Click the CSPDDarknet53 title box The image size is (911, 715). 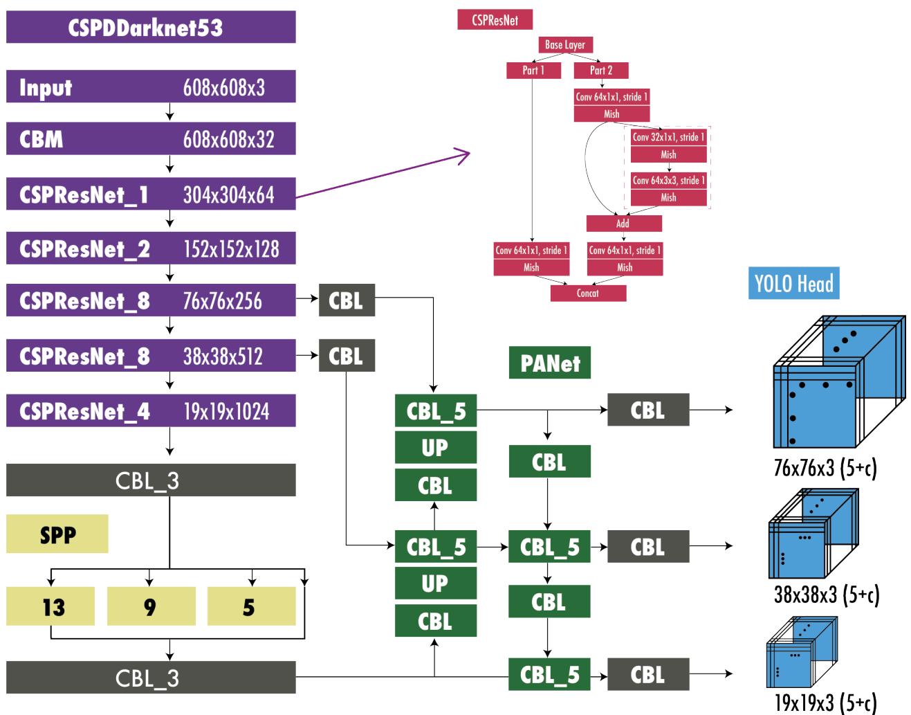pyautogui.click(x=151, y=28)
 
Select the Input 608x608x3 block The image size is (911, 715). pyautogui.click(x=151, y=88)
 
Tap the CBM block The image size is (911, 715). pyautogui.click(x=151, y=139)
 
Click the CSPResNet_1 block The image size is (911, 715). pyautogui.click(x=151, y=194)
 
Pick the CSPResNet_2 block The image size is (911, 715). pyautogui.click(x=151, y=248)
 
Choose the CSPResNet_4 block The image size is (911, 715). pyautogui.click(x=151, y=411)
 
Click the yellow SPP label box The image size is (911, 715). pyautogui.click(x=57, y=534)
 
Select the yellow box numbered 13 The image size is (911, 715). pyautogui.click(x=50, y=606)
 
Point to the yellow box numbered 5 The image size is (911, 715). pyautogui.click(x=251, y=606)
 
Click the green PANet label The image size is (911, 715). pyautogui.click(x=550, y=363)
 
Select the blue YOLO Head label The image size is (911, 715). pyautogui.click(x=793, y=283)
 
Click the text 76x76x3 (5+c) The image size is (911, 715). pyautogui.click(x=825, y=469)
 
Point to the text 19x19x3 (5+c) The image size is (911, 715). pyautogui.click(x=825, y=703)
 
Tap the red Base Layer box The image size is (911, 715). pyautogui.click(x=565, y=45)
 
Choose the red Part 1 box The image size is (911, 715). pyautogui.click(x=533, y=70)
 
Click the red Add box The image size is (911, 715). pyautogui.click(x=623, y=224)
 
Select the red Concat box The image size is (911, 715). pyautogui.click(x=588, y=293)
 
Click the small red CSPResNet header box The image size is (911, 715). pyautogui.click(x=495, y=20)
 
